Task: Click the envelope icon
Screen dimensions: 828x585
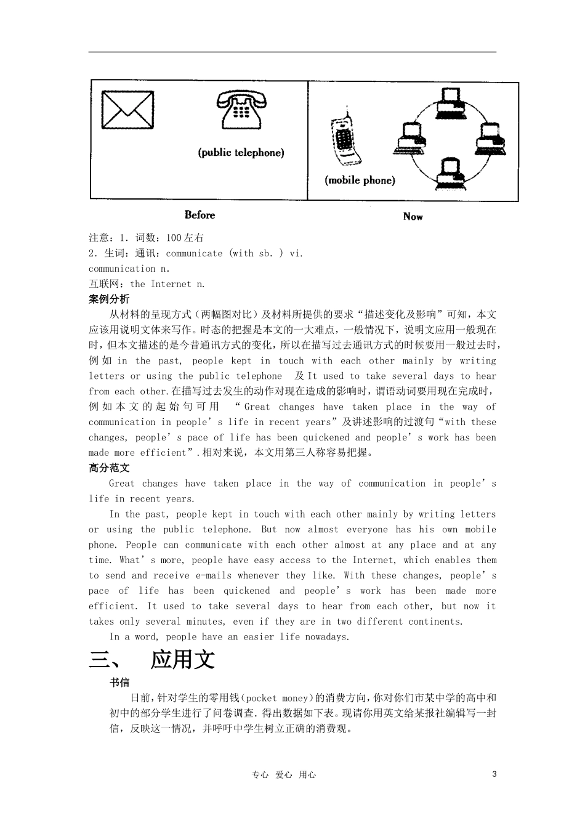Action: (127, 110)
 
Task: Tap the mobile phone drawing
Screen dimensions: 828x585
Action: (345, 139)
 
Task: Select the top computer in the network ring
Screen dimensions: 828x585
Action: (449, 102)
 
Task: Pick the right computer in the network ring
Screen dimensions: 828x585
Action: (490, 138)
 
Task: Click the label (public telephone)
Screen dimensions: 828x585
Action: (241, 153)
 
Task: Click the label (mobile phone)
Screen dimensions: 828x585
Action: (360, 181)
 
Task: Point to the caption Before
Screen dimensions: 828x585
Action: (200, 215)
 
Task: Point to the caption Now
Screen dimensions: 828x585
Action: (413, 216)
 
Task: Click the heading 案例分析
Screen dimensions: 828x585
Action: (109, 299)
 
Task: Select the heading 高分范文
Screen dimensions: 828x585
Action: (109, 468)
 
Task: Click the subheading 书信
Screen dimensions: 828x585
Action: (119, 683)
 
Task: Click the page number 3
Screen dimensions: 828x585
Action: (494, 774)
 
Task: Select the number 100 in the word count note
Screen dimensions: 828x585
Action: (174, 238)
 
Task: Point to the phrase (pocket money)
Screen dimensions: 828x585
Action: (276, 698)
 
